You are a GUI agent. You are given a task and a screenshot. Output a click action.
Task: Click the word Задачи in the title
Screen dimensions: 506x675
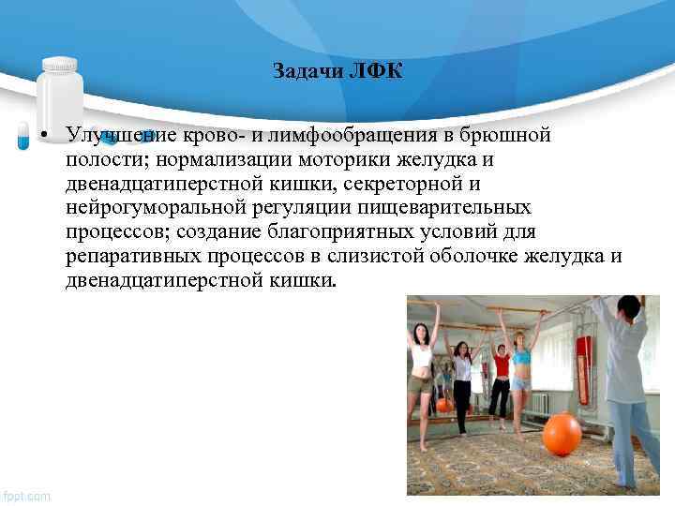310,71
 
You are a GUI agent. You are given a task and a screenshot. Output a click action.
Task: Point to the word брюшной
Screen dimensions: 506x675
502,136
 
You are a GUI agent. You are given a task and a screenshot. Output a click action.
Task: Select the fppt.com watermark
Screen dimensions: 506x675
27,495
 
